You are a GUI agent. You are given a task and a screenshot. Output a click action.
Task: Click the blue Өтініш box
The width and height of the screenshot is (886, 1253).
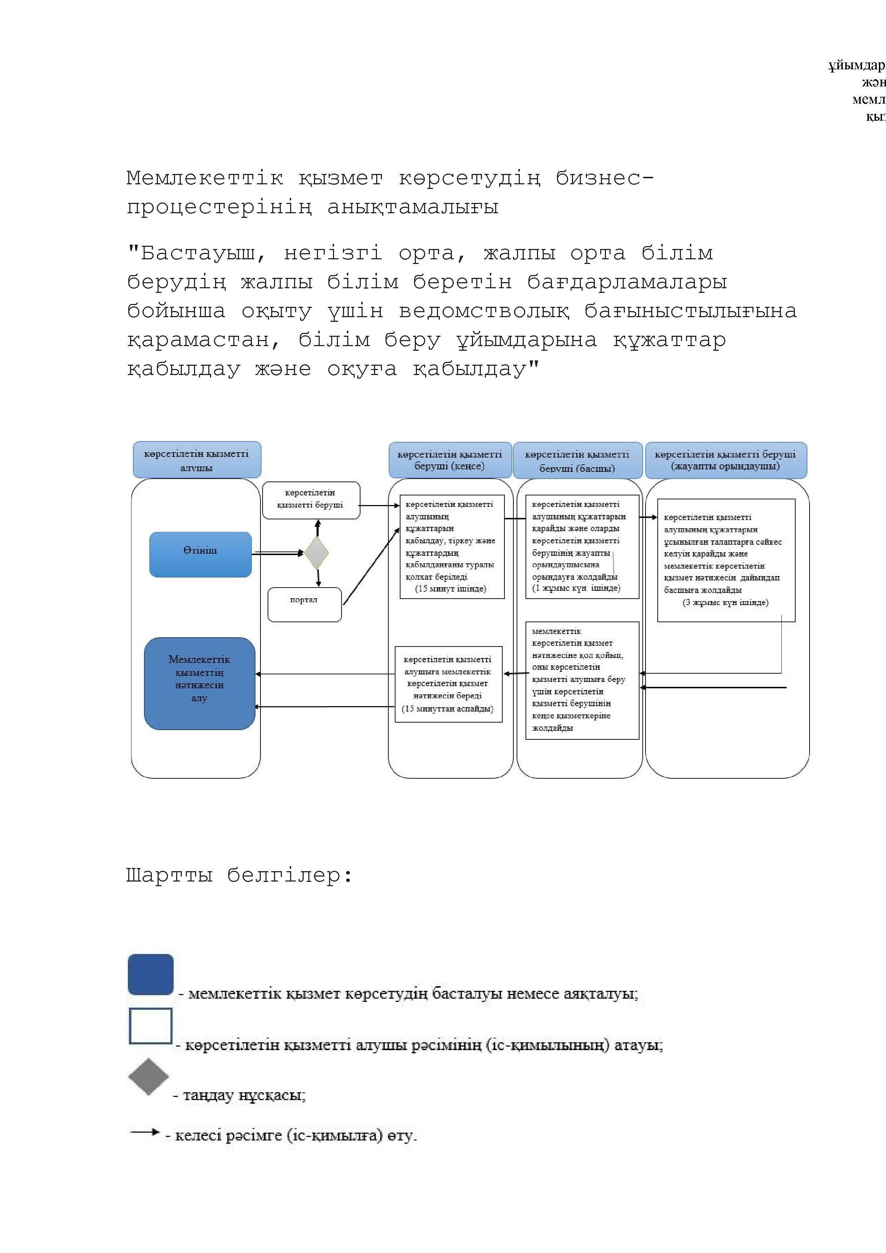[x=200, y=554]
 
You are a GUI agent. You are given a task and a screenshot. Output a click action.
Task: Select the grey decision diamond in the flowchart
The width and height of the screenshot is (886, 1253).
[x=317, y=553]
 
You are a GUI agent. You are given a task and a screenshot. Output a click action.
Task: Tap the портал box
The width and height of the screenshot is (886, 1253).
[x=304, y=604]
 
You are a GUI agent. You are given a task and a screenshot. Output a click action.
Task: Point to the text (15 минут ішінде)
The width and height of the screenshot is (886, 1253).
[x=451, y=588]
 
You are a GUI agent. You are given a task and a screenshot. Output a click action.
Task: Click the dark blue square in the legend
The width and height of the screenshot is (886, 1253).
[x=151, y=974]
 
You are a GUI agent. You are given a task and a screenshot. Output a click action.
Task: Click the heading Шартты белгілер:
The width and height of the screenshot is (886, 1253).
[x=239, y=875]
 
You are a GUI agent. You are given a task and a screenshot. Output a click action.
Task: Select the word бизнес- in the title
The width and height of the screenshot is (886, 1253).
[x=604, y=178]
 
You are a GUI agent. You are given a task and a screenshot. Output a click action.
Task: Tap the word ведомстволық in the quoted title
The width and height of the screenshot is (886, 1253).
[x=484, y=310]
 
